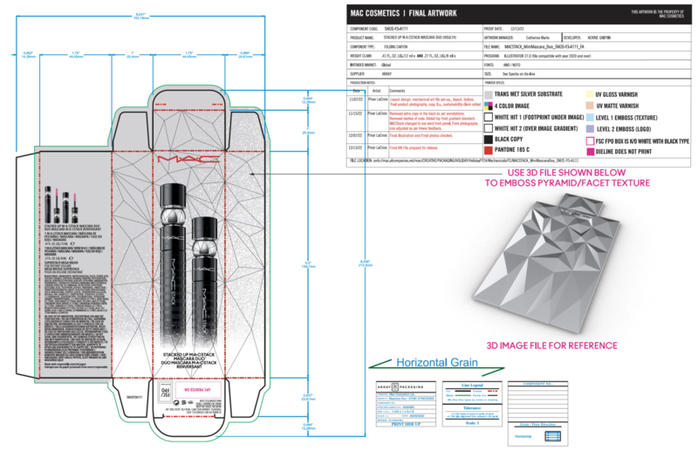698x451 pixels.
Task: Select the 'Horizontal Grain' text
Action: click(419, 363)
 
